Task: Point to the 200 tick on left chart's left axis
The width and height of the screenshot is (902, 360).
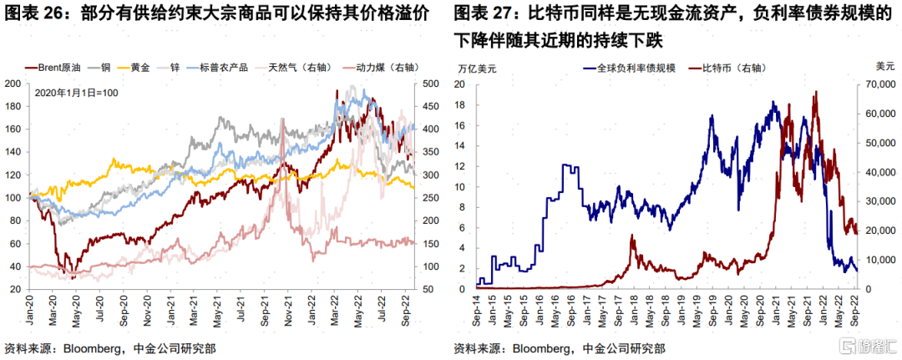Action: pos(13,84)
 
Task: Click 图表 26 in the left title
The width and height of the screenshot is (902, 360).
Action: pos(33,14)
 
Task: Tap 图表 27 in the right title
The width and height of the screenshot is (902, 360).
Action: pos(484,14)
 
